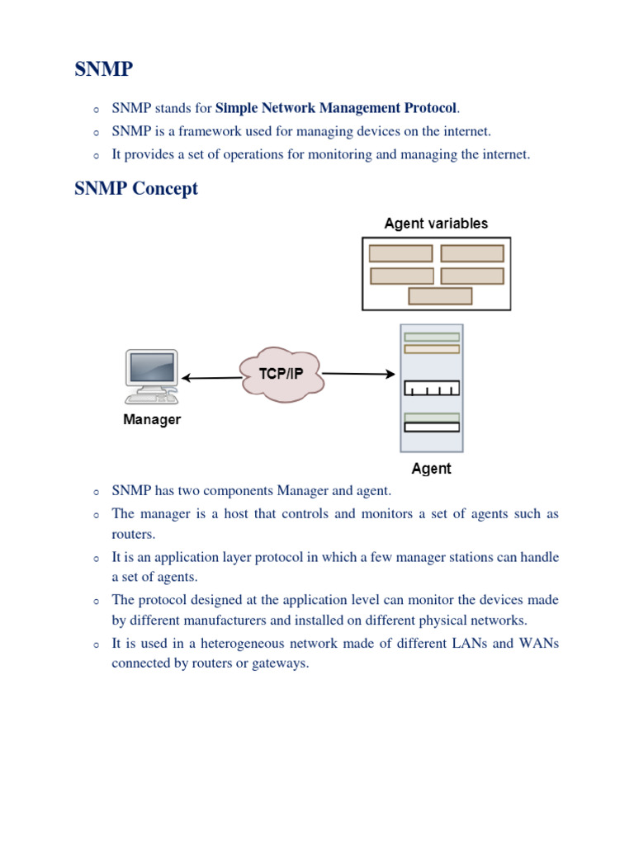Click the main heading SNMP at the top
[103, 69]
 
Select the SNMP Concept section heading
[136, 188]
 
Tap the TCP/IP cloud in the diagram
[281, 374]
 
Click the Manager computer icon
[151, 375]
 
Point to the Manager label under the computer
[152, 420]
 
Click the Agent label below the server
[431, 469]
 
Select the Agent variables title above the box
[436, 224]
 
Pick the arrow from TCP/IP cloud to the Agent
[358, 374]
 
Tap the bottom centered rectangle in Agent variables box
[440, 295]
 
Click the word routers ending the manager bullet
[132, 534]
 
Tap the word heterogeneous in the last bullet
[247, 642]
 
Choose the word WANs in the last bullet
[538, 642]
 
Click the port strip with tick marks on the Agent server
[431, 389]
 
